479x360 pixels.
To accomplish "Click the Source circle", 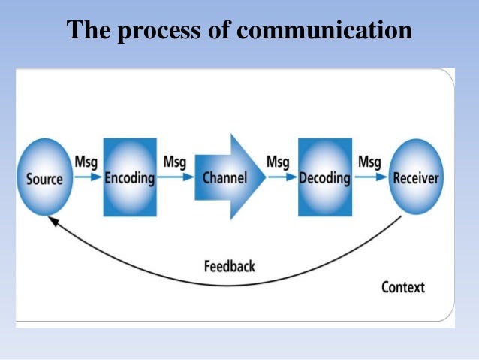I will point(45,178).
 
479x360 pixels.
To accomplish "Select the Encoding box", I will point(130,178).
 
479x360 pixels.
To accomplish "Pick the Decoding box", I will point(324,178).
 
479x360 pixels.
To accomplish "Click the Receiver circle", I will point(415,178).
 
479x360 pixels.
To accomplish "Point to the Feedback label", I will point(229,266).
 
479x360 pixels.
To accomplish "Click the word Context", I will point(402,287).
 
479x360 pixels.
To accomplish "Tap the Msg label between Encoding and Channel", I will point(175,162).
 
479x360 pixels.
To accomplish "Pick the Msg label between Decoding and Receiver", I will point(369,162).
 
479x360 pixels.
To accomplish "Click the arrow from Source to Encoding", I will point(89,178).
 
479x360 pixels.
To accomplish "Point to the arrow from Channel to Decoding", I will point(282,178).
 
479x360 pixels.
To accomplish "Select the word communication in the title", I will point(325,31).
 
